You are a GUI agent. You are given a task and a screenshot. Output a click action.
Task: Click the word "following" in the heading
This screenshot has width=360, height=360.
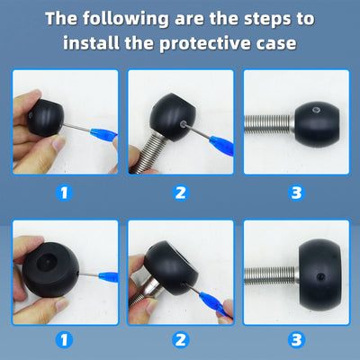(126, 19)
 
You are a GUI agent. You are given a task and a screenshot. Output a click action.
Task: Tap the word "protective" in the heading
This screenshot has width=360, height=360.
(205, 43)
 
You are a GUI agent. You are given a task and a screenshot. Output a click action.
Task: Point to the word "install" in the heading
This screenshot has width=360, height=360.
(91, 42)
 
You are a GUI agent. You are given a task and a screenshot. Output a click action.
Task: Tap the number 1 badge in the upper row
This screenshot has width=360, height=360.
(64, 193)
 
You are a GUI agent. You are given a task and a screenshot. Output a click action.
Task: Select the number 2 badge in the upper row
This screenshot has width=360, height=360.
(180, 193)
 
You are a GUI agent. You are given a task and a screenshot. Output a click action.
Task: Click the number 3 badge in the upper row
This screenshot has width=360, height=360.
(296, 193)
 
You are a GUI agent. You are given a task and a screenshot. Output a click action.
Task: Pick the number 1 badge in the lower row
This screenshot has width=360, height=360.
(64, 340)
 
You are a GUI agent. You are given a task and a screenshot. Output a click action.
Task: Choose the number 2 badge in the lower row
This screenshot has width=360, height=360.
(180, 340)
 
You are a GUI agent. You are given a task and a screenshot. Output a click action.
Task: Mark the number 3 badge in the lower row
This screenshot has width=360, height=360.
(296, 340)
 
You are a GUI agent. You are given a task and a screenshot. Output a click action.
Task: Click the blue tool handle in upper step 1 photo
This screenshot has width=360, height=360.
(103, 133)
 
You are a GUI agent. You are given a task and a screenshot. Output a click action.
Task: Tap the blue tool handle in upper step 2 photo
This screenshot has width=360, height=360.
(222, 145)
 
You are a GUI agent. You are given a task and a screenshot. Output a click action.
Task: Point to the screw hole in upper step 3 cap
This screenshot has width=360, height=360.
(315, 110)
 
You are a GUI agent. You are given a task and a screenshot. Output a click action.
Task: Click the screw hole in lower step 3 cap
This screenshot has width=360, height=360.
(320, 276)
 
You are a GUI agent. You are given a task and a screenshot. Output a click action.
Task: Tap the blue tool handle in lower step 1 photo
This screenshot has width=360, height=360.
(108, 276)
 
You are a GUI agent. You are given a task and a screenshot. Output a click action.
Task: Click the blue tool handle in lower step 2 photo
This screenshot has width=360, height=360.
(214, 302)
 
